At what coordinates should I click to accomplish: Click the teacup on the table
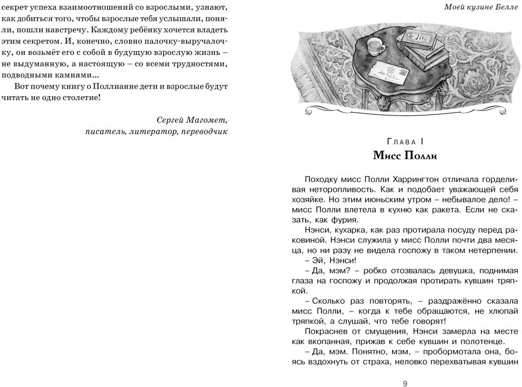(x=375, y=47)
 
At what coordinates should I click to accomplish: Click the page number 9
(x=405, y=383)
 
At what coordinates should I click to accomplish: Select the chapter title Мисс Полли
(x=405, y=155)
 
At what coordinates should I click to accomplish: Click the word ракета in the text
(x=442, y=210)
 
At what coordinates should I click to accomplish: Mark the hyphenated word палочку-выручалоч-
(x=188, y=41)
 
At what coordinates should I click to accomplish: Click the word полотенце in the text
(x=485, y=341)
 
